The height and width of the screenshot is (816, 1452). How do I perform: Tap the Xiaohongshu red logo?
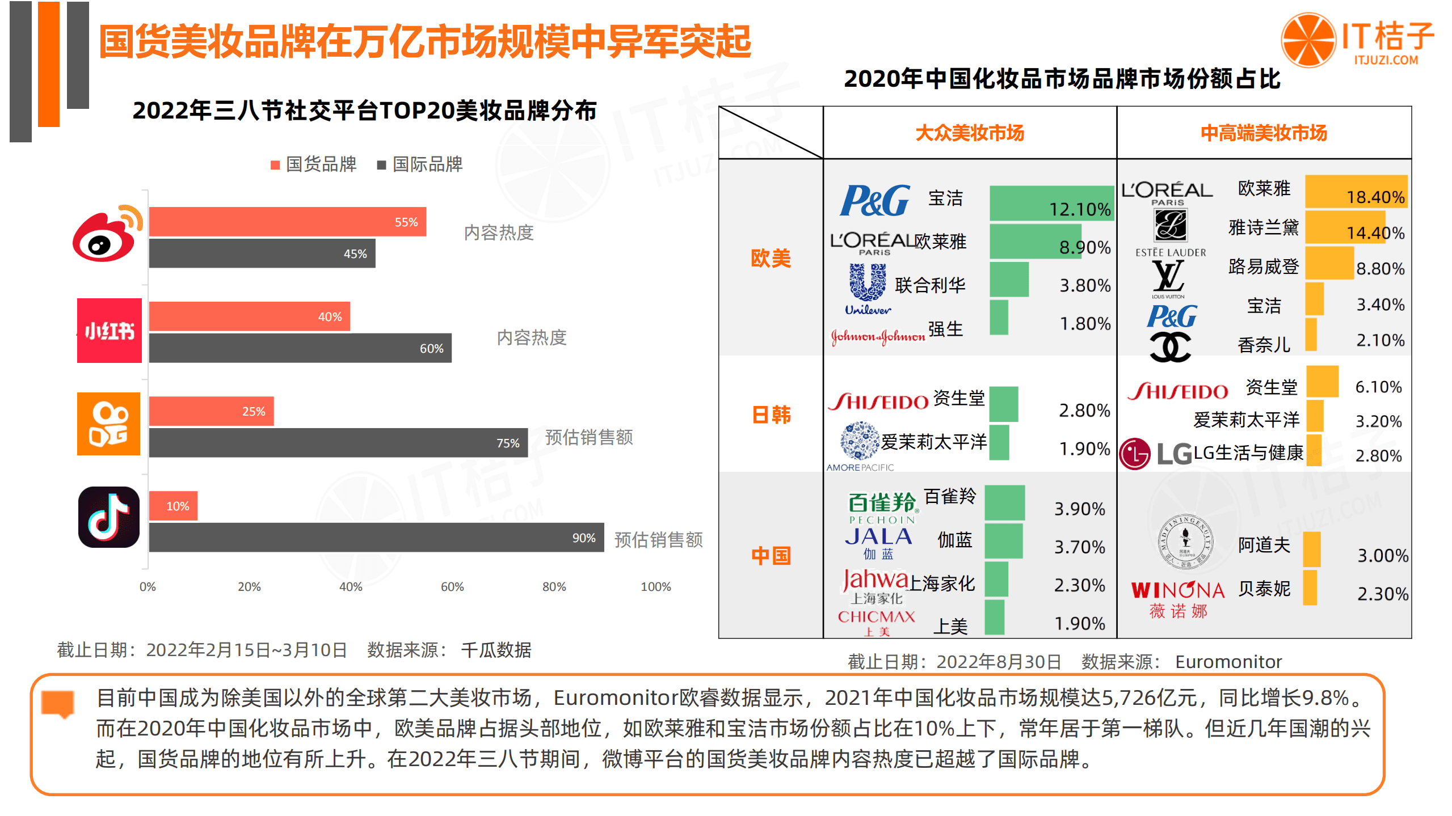coord(110,330)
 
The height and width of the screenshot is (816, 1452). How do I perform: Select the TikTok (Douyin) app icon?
coord(109,517)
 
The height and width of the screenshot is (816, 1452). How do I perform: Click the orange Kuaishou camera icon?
coord(109,424)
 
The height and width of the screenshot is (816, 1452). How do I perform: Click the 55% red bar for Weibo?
coord(287,222)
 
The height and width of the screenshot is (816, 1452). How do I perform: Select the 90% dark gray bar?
coord(376,538)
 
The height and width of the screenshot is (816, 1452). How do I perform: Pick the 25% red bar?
coord(211,411)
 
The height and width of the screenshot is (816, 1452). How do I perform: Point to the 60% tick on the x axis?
coord(452,586)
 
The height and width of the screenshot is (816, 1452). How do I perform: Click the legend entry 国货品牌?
coord(314,164)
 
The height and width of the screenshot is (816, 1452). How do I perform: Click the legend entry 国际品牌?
coord(420,164)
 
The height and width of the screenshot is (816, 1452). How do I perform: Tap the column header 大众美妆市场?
coord(969,133)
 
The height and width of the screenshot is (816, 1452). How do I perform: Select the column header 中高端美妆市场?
coord(1264,133)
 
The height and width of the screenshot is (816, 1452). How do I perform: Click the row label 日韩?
coord(771,415)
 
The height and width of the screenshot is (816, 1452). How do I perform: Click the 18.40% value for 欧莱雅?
coord(1375,197)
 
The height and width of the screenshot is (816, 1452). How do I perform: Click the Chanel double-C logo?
coord(1170,346)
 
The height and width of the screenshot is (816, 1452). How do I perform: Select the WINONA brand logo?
coord(1178,598)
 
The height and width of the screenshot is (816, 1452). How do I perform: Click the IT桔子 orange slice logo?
coord(1308,40)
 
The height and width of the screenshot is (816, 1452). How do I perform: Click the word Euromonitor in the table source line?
coord(1228,662)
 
